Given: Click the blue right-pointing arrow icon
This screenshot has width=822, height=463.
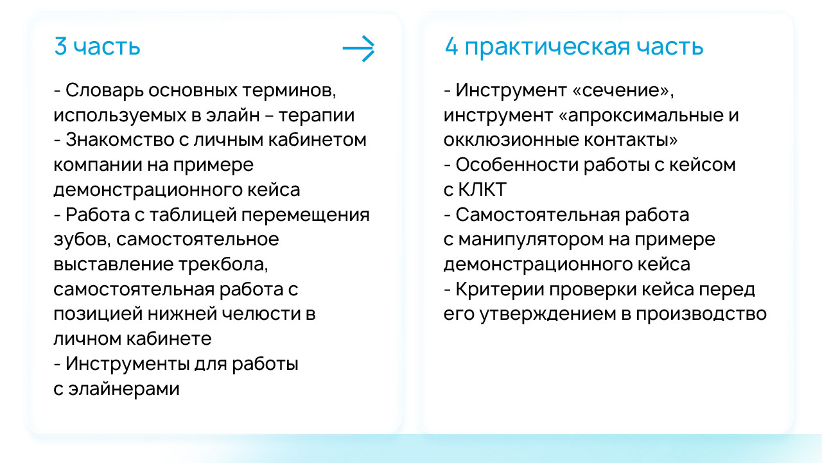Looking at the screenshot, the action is (x=358, y=48).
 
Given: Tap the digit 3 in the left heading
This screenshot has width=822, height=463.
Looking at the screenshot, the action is (x=60, y=46).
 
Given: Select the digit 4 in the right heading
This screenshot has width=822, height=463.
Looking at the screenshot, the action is (x=451, y=46).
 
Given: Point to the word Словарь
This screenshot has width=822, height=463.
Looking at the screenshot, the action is (x=105, y=91).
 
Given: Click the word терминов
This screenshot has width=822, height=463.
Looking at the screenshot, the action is (x=289, y=91).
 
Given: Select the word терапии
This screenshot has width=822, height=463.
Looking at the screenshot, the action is (x=317, y=116).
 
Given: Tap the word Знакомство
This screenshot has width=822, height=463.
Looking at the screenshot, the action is (x=119, y=140).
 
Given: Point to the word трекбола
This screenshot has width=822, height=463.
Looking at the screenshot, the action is (x=223, y=265).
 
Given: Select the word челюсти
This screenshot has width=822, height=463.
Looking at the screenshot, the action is (x=261, y=315).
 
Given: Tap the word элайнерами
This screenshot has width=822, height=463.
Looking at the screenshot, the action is (x=124, y=389).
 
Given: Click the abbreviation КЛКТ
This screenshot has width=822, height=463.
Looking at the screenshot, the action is (x=482, y=190).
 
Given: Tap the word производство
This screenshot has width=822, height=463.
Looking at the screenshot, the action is (x=701, y=315).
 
